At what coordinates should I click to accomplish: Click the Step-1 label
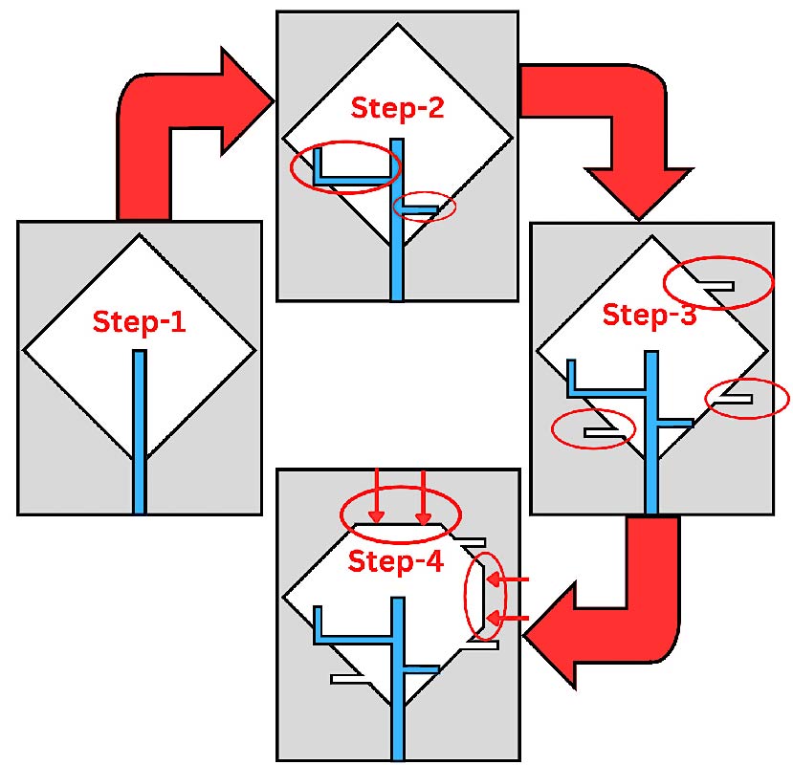point(138,322)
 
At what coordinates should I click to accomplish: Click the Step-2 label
point(397,108)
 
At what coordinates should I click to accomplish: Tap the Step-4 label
point(395,561)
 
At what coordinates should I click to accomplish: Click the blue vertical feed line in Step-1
point(140,430)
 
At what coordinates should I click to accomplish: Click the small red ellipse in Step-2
point(425,207)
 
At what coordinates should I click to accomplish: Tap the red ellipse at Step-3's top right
point(718,282)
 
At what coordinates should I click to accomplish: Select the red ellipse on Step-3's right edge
point(746,398)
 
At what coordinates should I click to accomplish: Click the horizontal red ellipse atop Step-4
point(401,514)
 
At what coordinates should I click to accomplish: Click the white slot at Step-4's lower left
point(348,679)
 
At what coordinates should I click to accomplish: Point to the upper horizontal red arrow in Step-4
point(514,579)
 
